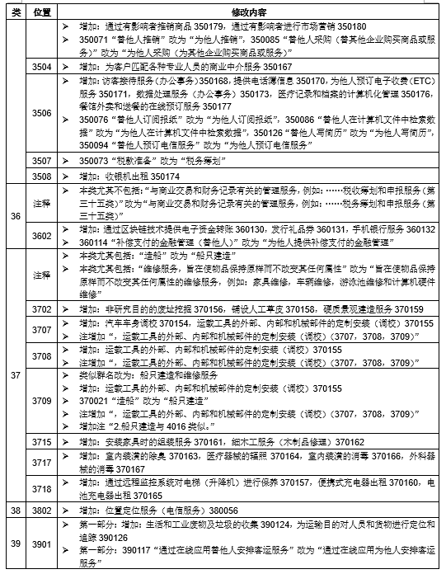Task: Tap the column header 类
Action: (14, 13)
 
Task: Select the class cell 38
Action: (14, 510)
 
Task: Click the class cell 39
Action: (14, 543)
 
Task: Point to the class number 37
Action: (14, 375)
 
